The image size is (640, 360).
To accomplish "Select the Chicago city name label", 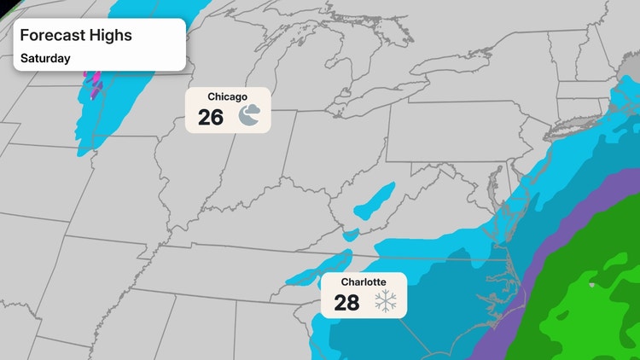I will pos(228,97).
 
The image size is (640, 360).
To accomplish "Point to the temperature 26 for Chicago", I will pos(211,118).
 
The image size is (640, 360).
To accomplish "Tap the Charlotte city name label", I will pos(364,282).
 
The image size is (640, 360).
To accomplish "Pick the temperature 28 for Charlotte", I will pos(346,303).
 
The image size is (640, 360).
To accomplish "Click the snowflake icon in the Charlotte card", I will pos(386,301).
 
